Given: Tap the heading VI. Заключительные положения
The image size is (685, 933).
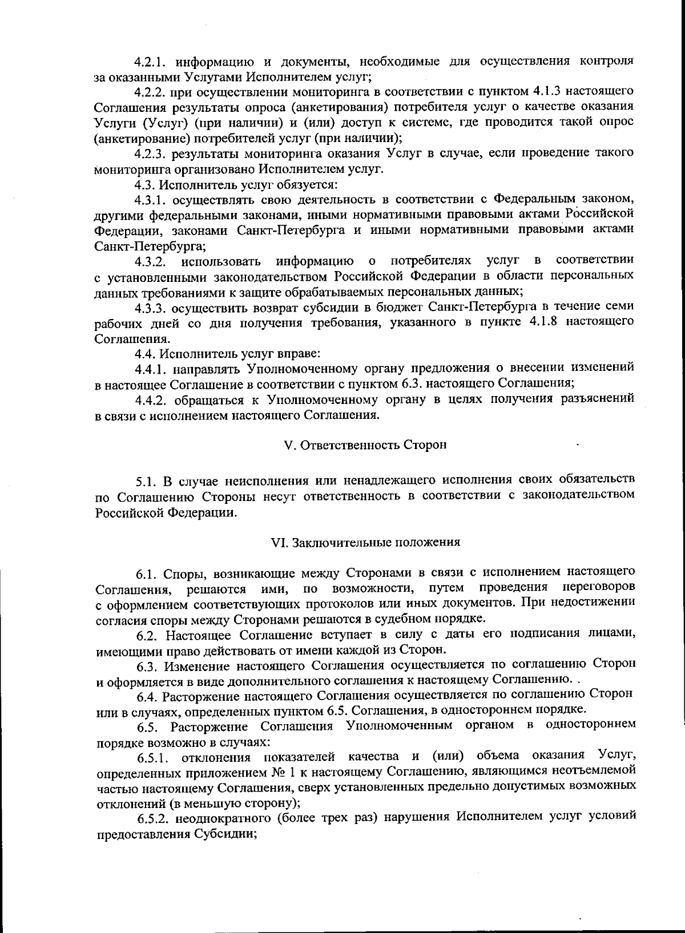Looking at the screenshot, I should [365, 542].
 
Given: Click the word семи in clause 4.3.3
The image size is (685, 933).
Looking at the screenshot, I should [619, 307].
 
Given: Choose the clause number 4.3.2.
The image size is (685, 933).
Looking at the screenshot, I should [151, 261].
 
